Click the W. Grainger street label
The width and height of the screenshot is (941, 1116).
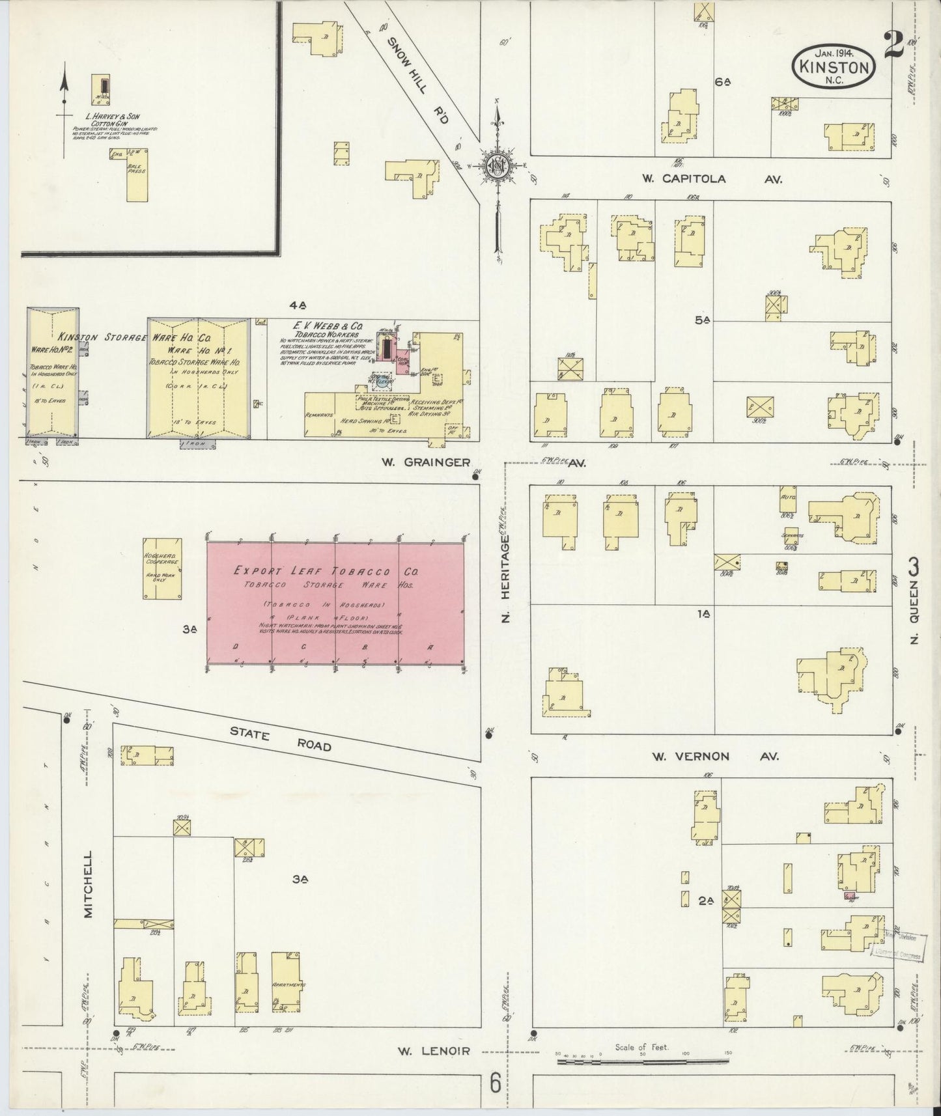click(426, 462)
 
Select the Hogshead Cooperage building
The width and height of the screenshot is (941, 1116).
click(162, 568)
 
